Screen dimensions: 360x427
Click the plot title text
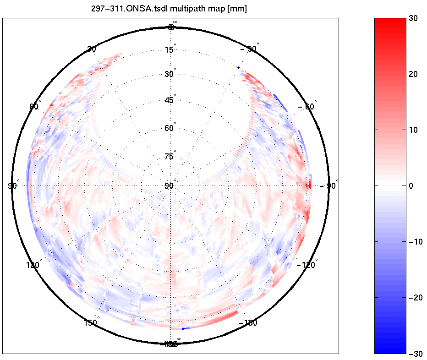pos(169,9)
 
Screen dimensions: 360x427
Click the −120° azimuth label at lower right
pos(306,265)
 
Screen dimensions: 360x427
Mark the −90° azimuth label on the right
pos(328,185)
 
